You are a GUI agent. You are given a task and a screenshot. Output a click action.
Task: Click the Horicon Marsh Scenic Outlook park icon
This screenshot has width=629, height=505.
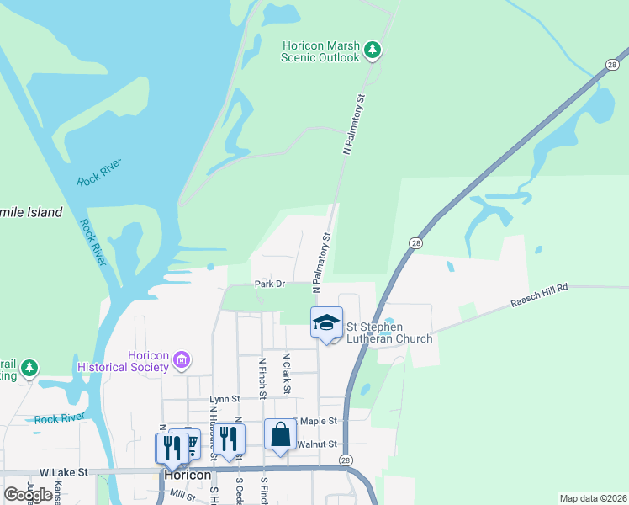pyautogui.click(x=373, y=50)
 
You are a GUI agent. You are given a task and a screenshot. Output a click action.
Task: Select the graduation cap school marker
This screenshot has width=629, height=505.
pyautogui.click(x=327, y=322)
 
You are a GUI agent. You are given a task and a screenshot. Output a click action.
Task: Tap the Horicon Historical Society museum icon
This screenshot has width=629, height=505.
pyautogui.click(x=181, y=361)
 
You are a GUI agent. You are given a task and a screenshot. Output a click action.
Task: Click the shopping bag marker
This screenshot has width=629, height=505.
pyautogui.click(x=281, y=435)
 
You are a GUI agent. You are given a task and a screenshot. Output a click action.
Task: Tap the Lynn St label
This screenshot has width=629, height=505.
pyautogui.click(x=225, y=399)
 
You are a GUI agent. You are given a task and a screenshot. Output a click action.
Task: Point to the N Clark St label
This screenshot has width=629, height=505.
pyautogui.click(x=286, y=374)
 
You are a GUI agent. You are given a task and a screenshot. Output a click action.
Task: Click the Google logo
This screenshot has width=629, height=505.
pyautogui.click(x=28, y=495)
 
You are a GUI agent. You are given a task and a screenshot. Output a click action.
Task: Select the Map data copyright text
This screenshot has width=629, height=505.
pyautogui.click(x=593, y=498)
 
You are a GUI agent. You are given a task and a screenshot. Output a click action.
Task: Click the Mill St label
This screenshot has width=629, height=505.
pyautogui.click(x=181, y=497)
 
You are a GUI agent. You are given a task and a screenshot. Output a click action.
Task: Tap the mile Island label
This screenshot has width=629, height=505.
pyautogui.click(x=31, y=212)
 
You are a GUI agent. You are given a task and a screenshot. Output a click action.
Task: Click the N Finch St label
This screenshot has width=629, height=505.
pyautogui.click(x=262, y=378)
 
